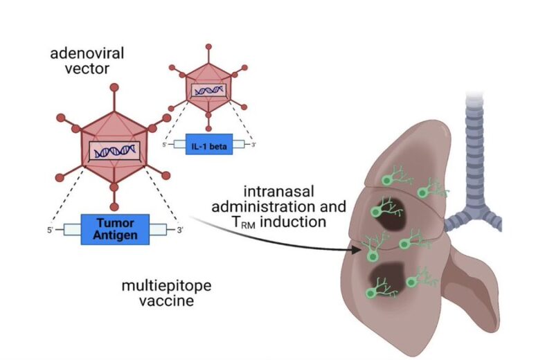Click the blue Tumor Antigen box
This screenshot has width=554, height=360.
pos(114,229)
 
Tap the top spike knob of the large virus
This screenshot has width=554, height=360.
pos(114,91)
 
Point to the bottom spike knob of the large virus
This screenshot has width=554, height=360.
pos(114,188)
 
